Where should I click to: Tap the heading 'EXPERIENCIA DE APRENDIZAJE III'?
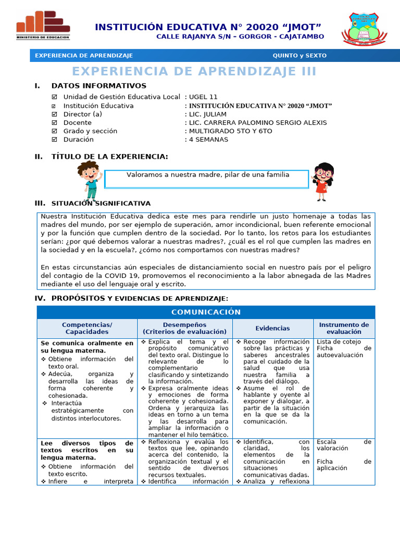point(194,71)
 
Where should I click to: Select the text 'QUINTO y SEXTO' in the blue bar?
point(299,56)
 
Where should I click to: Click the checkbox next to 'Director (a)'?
point(55,114)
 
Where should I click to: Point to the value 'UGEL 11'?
point(203,97)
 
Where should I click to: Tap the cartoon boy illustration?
point(89,180)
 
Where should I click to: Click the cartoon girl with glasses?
point(322,181)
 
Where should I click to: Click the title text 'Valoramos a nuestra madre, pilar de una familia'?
point(208,175)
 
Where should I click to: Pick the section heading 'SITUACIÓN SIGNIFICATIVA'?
point(101,204)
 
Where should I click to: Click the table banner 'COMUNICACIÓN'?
point(206,312)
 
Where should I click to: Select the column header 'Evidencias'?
point(272,328)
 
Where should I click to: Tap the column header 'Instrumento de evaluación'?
point(343,328)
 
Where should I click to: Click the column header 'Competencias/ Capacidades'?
point(87,328)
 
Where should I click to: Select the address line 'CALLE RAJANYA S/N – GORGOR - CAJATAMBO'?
point(240,36)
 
